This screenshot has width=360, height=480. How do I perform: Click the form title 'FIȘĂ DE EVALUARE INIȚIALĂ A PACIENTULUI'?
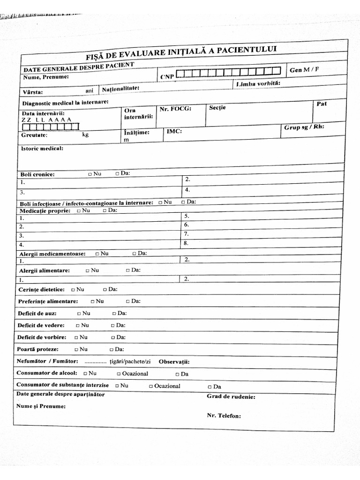(181, 52)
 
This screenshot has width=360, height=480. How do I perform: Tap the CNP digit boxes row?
(228, 72)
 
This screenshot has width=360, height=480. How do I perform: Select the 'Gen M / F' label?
(304, 70)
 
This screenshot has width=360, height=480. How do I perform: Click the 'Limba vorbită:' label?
(258, 83)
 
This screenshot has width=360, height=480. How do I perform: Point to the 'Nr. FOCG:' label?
(176, 108)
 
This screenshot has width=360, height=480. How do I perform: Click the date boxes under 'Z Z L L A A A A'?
(51, 126)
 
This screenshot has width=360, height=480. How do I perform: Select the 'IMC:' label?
(174, 132)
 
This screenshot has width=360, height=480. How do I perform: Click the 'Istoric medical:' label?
(42, 149)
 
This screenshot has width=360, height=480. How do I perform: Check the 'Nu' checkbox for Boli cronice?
(90, 174)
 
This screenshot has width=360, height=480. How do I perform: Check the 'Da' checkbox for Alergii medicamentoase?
(134, 254)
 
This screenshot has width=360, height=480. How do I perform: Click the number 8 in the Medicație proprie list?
(186, 243)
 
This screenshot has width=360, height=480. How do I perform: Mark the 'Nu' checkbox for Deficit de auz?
(79, 313)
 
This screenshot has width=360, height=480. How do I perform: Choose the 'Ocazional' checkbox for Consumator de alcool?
(119, 374)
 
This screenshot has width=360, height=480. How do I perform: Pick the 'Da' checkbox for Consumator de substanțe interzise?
(210, 387)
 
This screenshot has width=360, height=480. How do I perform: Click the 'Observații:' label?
(174, 362)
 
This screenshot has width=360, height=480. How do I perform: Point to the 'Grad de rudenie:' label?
(231, 397)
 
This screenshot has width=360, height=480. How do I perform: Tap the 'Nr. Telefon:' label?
(224, 415)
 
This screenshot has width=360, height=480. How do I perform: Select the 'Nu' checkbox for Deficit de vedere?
(77, 325)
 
